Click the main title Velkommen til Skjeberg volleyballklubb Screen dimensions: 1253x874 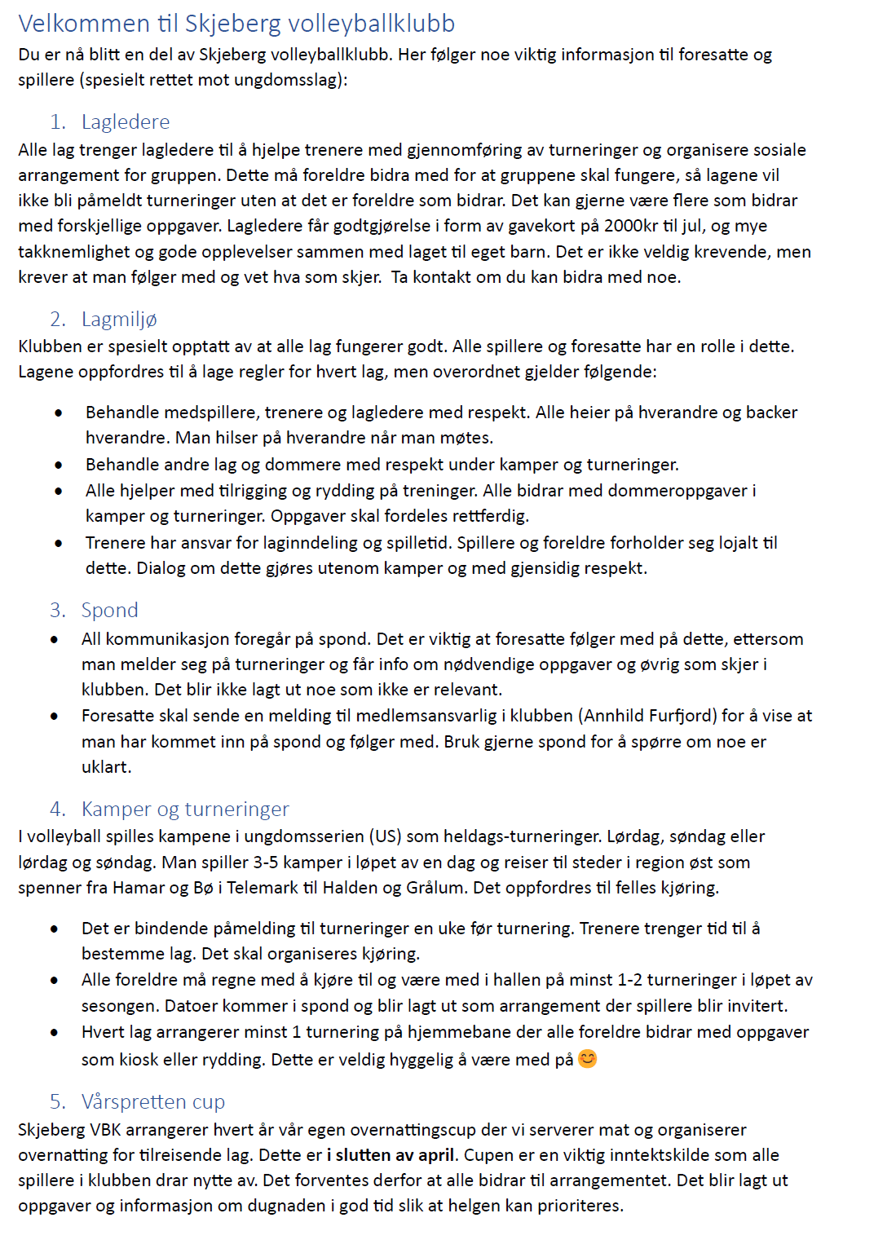pyautogui.click(x=236, y=24)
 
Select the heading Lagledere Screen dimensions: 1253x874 pyautogui.click(x=126, y=122)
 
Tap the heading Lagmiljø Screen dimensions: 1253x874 pyautogui.click(x=119, y=320)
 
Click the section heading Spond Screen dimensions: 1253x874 pyautogui.click(x=110, y=611)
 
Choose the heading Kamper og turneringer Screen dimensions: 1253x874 pyautogui.click(x=185, y=810)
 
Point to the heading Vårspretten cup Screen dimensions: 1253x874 pyautogui.click(x=153, y=1102)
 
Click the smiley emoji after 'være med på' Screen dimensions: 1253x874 pyautogui.click(x=587, y=1059)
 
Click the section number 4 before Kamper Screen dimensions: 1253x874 pyautogui.click(x=57, y=810)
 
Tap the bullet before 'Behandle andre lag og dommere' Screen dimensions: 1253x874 pyautogui.click(x=59, y=465)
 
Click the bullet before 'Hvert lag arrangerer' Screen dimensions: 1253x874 pyautogui.click(x=55, y=1033)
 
